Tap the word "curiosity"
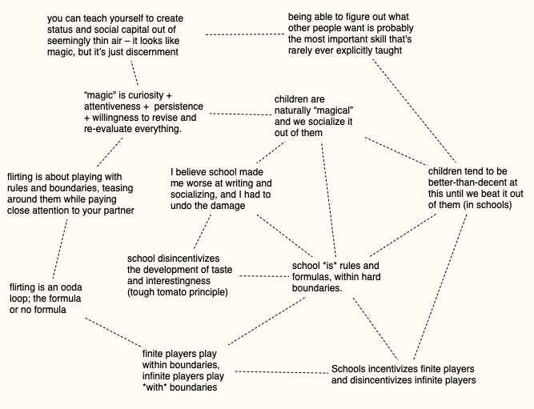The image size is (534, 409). click(x=147, y=95)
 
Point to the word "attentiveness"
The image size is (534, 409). click(x=112, y=106)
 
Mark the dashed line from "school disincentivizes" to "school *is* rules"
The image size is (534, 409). click(x=261, y=275)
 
